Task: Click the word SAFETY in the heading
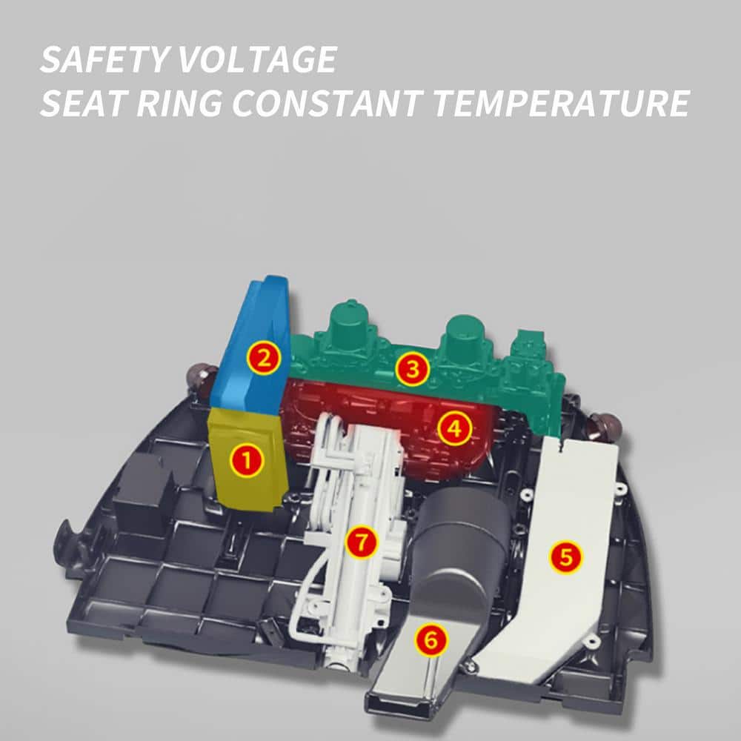point(104,59)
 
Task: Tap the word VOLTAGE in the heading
point(256,59)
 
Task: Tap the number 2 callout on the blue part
point(264,357)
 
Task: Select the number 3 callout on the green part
point(413,368)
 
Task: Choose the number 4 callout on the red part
point(455,428)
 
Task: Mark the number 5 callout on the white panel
point(566,556)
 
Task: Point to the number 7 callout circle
point(362,542)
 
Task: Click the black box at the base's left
point(142,487)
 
